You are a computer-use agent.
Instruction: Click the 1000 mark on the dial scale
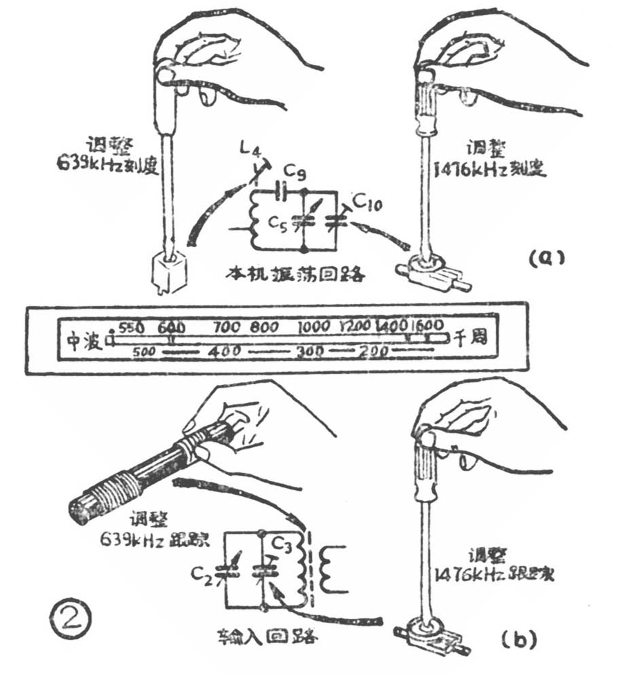tap(313, 326)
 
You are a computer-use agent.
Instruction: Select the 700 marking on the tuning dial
tap(226, 326)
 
